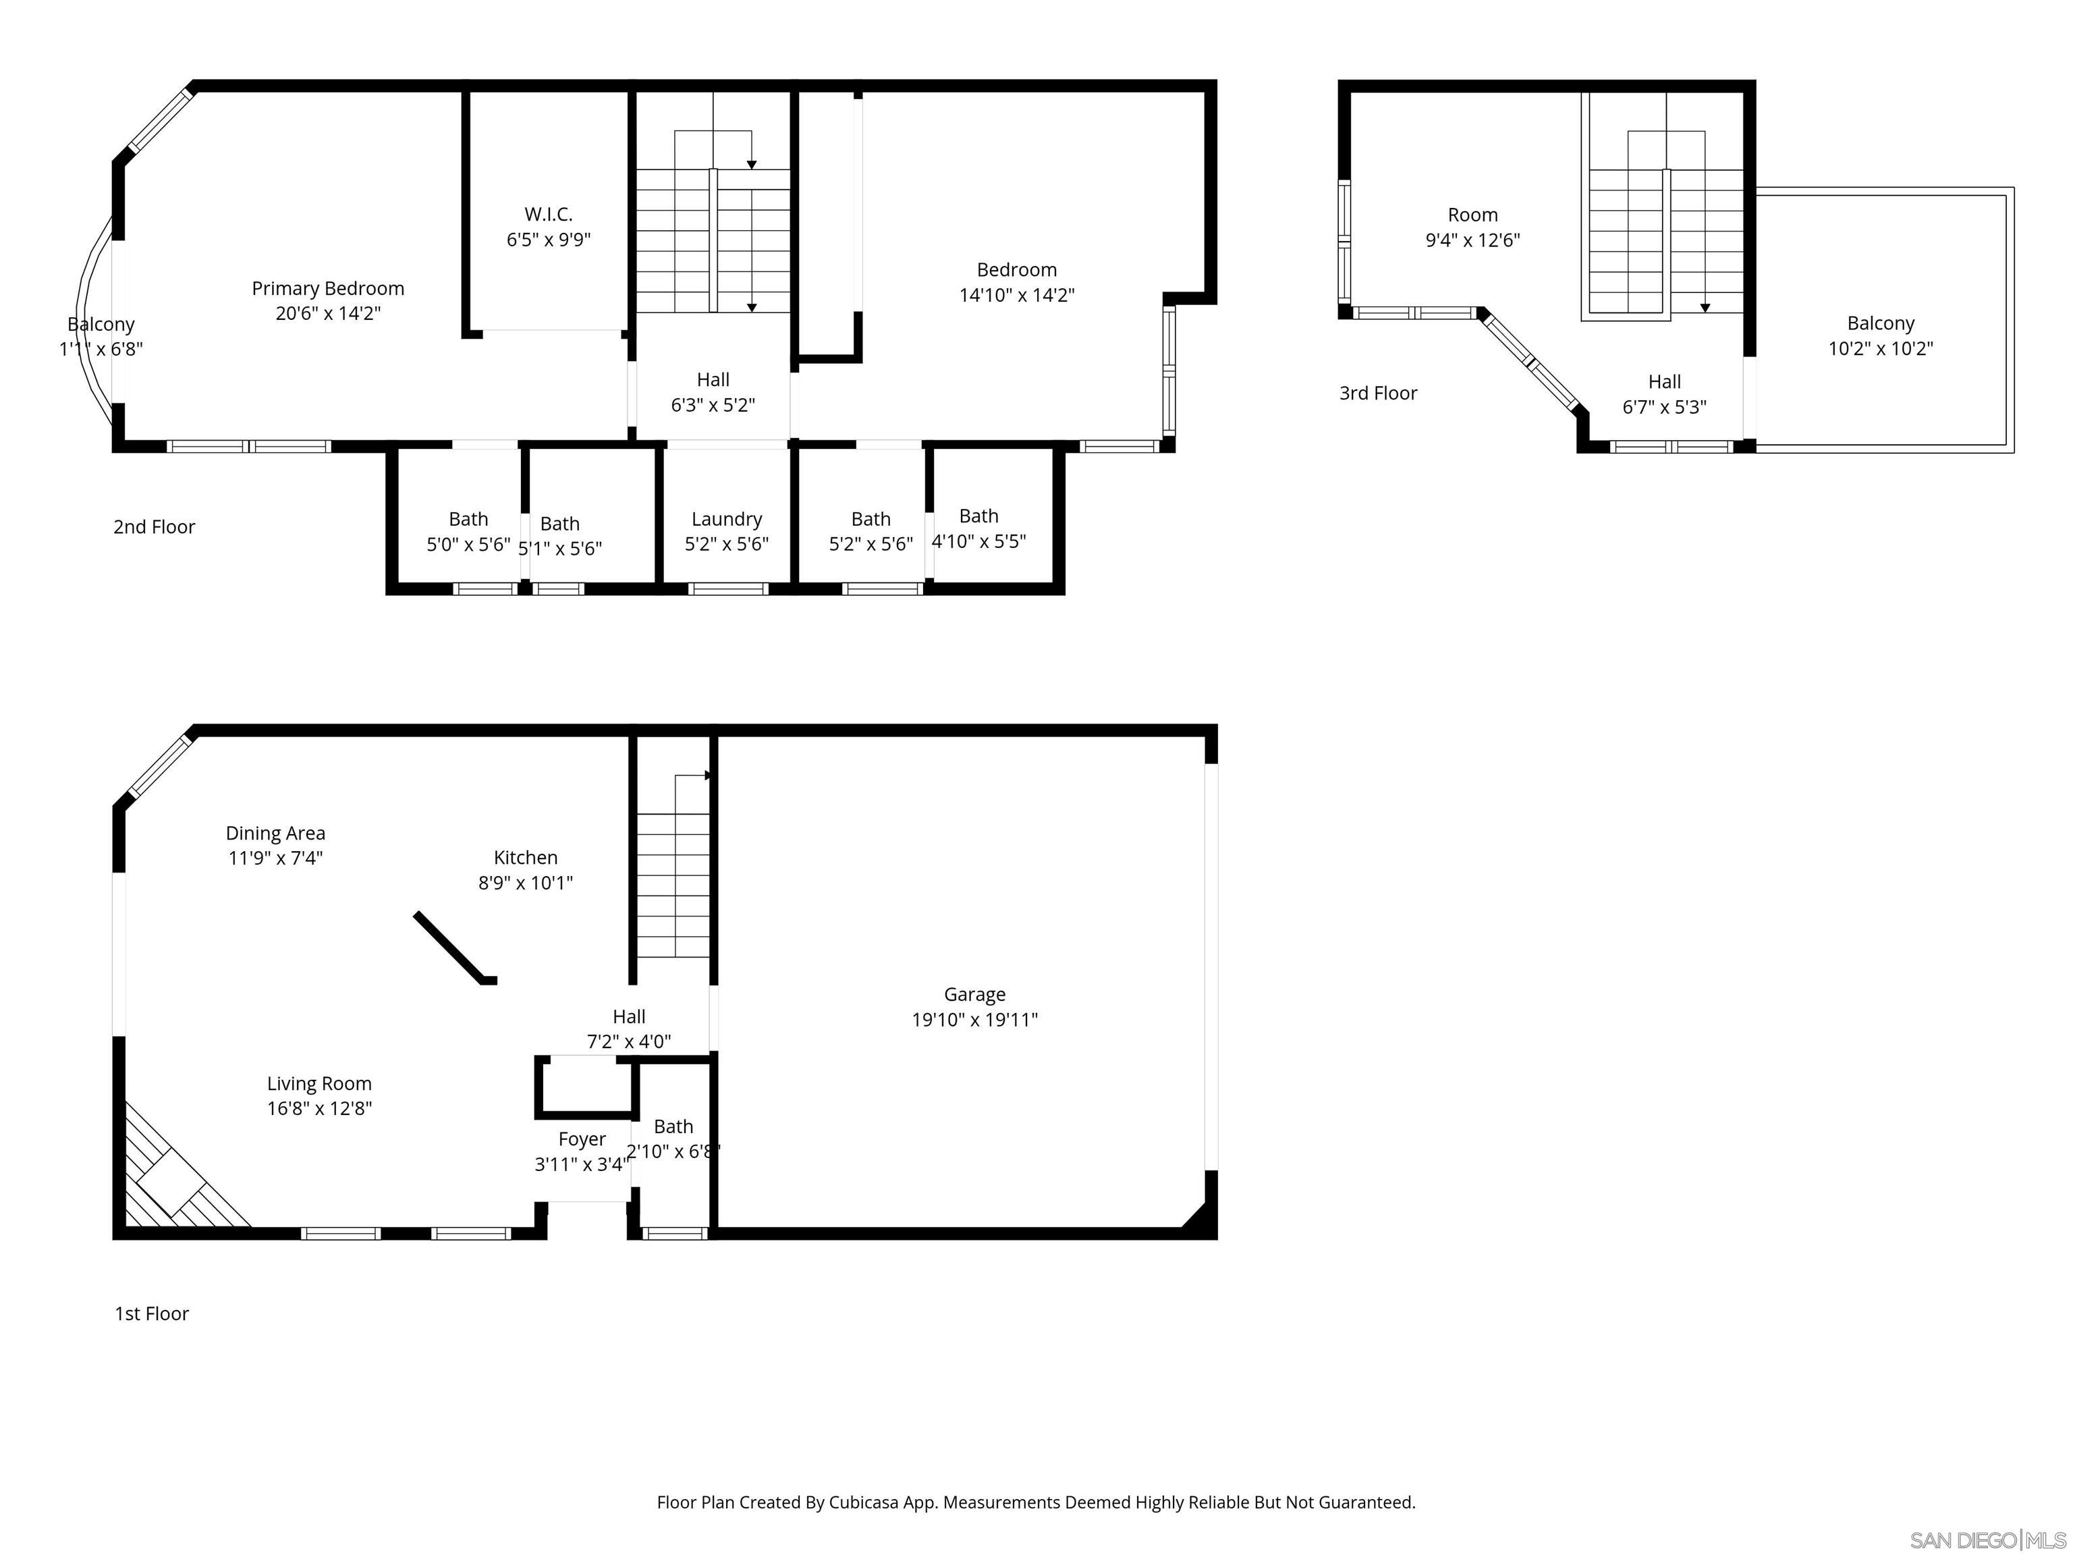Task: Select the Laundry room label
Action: tap(726, 519)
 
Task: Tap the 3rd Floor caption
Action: tap(1378, 393)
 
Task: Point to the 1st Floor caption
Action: tap(152, 1314)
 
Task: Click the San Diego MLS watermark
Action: tap(1987, 1540)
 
